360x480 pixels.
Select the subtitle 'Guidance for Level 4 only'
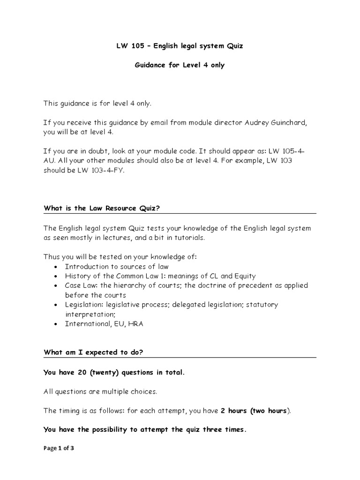coord(180,65)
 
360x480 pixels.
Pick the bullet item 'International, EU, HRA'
coord(104,324)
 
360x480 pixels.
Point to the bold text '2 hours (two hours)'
coord(255,411)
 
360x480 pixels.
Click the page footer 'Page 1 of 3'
coord(59,448)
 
